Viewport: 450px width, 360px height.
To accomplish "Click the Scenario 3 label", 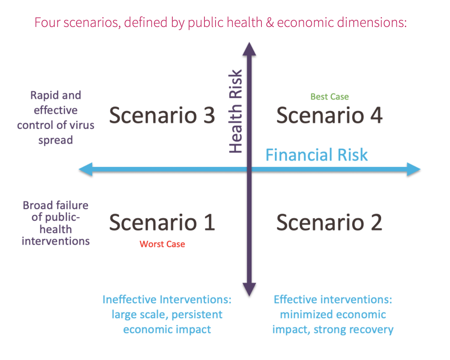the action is [x=162, y=115].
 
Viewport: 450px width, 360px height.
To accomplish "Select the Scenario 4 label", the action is [x=330, y=115].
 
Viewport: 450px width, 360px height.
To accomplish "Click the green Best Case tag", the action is [x=330, y=96].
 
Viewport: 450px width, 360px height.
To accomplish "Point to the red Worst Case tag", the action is [x=162, y=244].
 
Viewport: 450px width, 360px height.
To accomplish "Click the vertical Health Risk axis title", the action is [x=236, y=111].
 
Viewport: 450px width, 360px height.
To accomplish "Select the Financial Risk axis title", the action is [x=317, y=155].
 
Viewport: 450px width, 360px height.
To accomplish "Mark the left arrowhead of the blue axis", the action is [x=86, y=169].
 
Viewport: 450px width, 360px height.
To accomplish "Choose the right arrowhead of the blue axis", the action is [x=414, y=169].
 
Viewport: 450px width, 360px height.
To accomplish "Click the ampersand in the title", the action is [x=270, y=23].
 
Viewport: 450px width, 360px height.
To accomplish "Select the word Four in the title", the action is [x=48, y=23].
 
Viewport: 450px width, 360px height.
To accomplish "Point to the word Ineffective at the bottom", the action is [x=129, y=299].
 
